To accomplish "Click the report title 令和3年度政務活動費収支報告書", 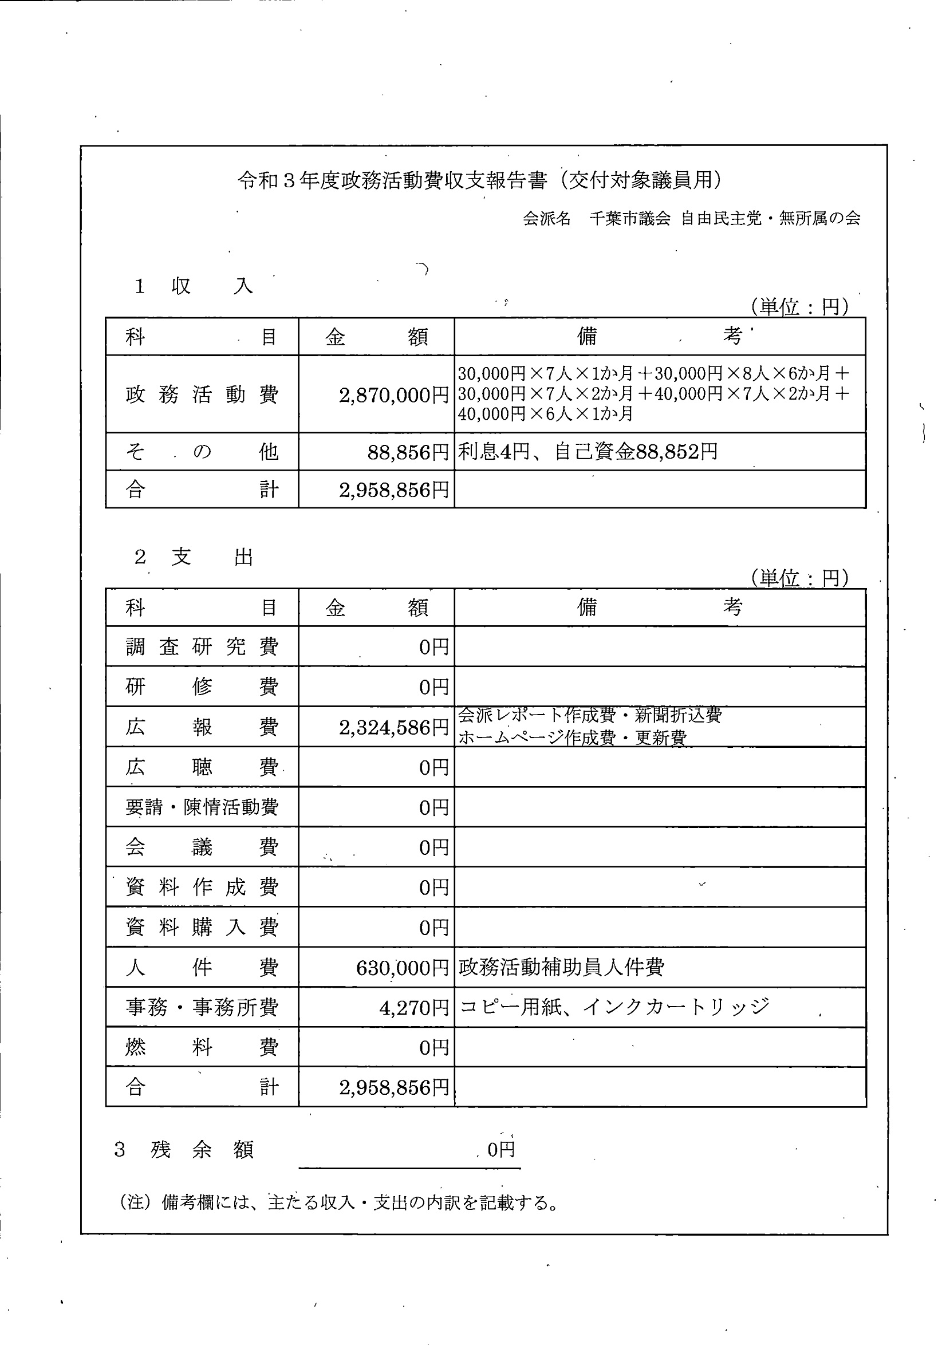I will (392, 181).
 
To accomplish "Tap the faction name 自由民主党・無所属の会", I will (770, 219).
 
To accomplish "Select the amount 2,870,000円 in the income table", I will (393, 396).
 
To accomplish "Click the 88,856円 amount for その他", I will (408, 452).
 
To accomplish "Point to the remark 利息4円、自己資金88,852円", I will (588, 452).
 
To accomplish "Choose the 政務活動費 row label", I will (202, 395).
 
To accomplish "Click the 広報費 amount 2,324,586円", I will (393, 728).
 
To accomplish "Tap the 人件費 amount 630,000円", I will (402, 968).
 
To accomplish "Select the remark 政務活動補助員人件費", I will (561, 967).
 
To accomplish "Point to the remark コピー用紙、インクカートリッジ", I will (614, 1007).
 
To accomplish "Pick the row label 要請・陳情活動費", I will (202, 807).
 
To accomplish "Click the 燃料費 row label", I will (202, 1047).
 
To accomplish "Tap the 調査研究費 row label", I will (202, 646).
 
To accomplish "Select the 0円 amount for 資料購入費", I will (433, 928).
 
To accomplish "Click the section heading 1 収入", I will (194, 286).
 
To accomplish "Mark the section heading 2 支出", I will (194, 557).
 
